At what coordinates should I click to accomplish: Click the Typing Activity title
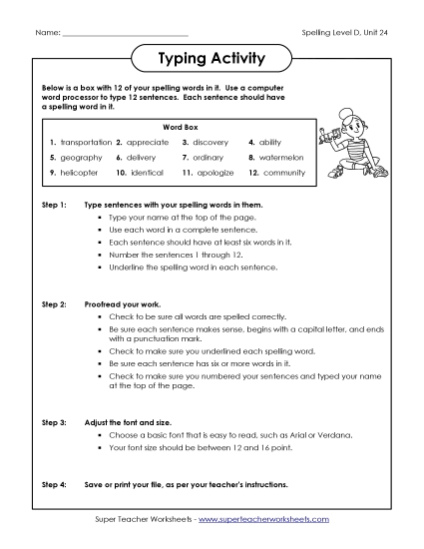[x=212, y=58]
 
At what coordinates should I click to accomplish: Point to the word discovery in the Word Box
[x=212, y=143]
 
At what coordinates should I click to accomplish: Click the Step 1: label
[x=54, y=204]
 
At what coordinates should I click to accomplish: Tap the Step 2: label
[x=54, y=300]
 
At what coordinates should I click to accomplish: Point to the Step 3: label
[x=54, y=423]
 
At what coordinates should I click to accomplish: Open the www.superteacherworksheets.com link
[x=267, y=520]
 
